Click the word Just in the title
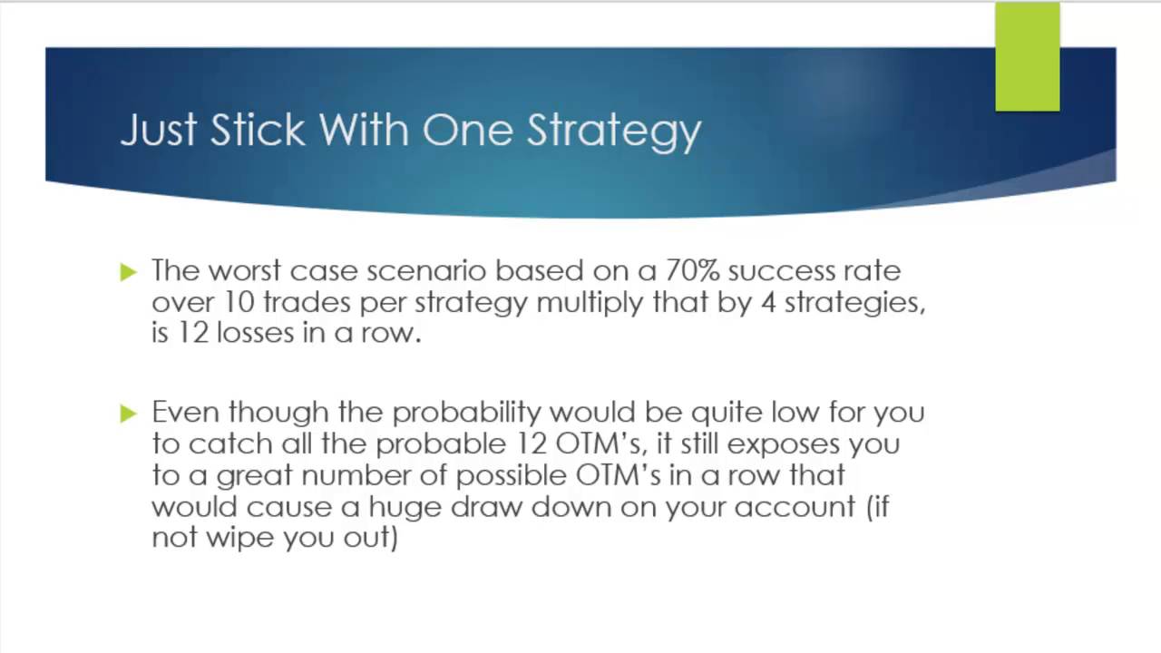point(157,130)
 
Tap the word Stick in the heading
point(258,130)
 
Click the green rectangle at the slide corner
point(1027,56)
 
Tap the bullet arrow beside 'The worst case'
point(128,271)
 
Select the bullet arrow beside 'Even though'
point(128,414)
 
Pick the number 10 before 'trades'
point(239,301)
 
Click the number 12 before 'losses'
point(193,332)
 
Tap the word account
point(795,506)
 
